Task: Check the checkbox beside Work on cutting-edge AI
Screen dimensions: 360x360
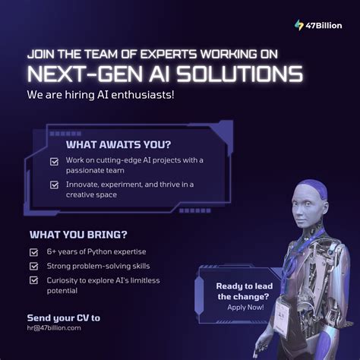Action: pyautogui.click(x=54, y=161)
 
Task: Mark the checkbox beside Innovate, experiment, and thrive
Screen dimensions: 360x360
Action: pyautogui.click(x=54, y=185)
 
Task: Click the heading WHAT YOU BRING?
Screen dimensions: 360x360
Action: pyautogui.click(x=77, y=234)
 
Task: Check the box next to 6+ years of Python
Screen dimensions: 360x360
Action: pyautogui.click(x=33, y=251)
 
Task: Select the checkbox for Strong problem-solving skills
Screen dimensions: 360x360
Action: pyautogui.click(x=33, y=266)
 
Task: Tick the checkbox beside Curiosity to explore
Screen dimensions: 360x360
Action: pyautogui.click(x=33, y=280)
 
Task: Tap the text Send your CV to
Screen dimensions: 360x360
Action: pyautogui.click(x=64, y=317)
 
